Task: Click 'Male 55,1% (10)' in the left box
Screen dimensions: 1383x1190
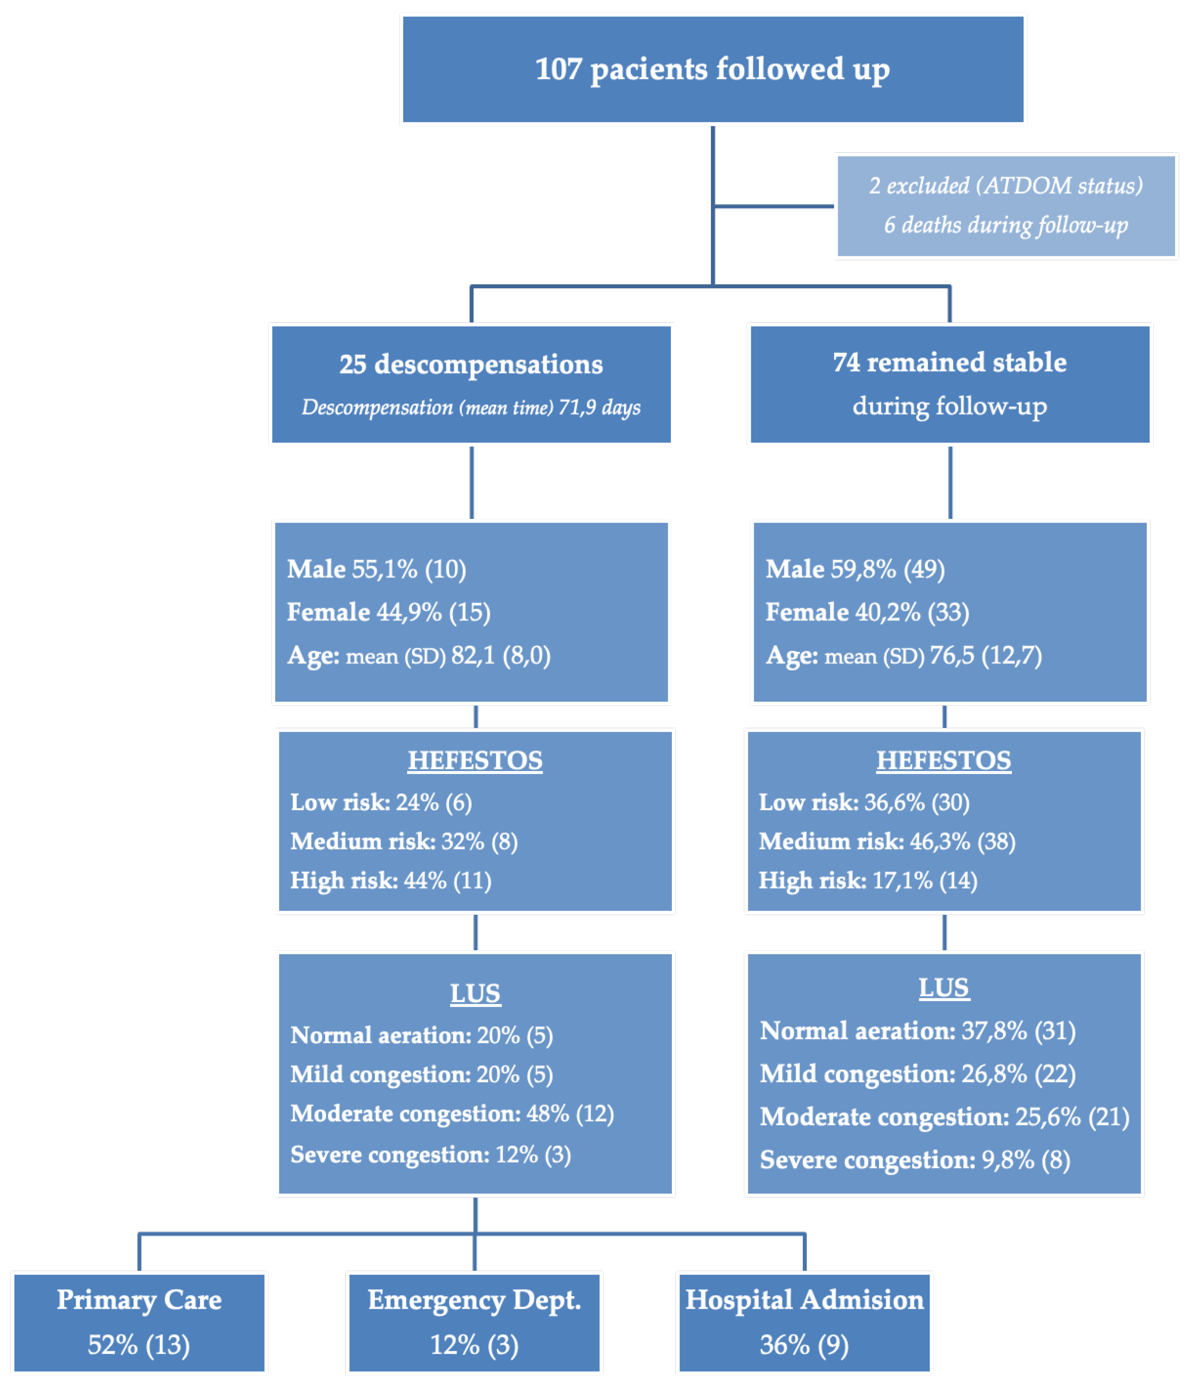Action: point(376,569)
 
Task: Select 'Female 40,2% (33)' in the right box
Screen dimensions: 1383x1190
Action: point(867,612)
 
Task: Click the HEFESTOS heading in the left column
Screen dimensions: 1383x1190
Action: point(475,760)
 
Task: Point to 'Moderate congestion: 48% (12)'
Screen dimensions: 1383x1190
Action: point(452,1113)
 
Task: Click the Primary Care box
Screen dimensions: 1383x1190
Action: point(139,1322)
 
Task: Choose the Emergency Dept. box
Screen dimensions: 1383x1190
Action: point(474,1322)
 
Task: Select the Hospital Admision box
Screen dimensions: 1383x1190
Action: point(804,1322)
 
